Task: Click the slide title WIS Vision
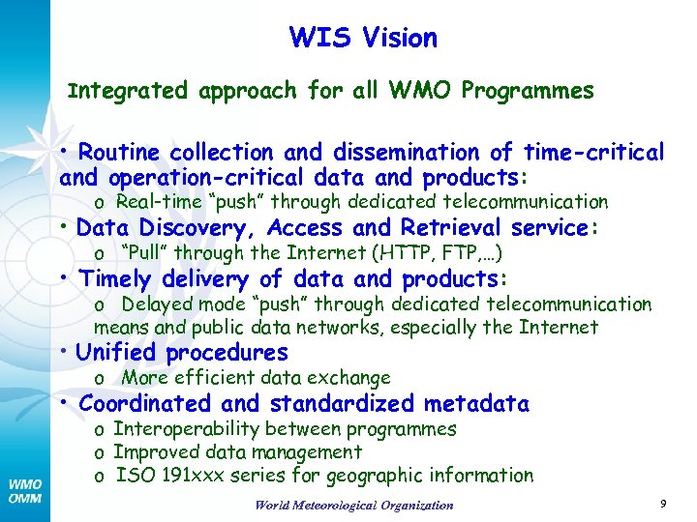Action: coord(363,39)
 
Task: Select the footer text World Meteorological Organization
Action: coord(353,505)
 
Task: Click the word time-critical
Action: coord(593,153)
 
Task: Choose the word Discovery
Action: coord(200,228)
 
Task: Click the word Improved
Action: coord(157,452)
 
